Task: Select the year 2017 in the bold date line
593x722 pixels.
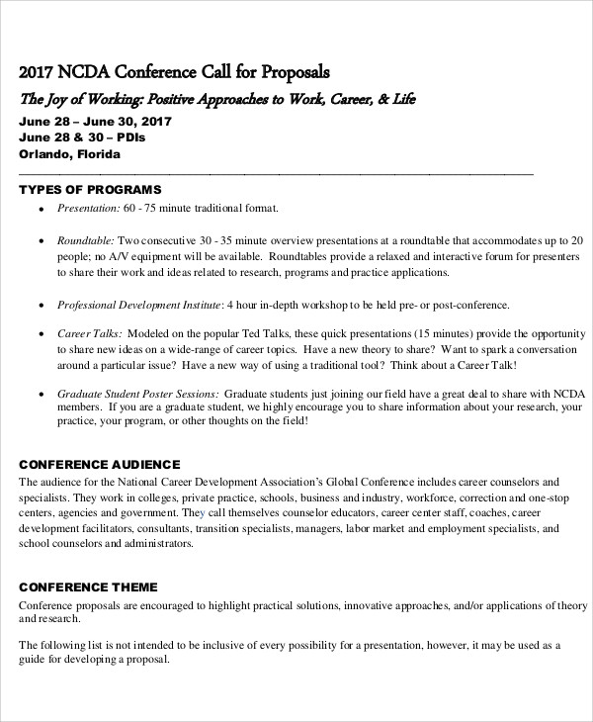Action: pos(153,121)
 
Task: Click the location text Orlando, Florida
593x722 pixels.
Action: pos(69,154)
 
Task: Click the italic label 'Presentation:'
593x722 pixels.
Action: pos(89,209)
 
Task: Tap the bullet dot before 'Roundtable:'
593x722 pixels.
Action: pos(41,240)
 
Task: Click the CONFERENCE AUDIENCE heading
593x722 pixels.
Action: pos(100,464)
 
